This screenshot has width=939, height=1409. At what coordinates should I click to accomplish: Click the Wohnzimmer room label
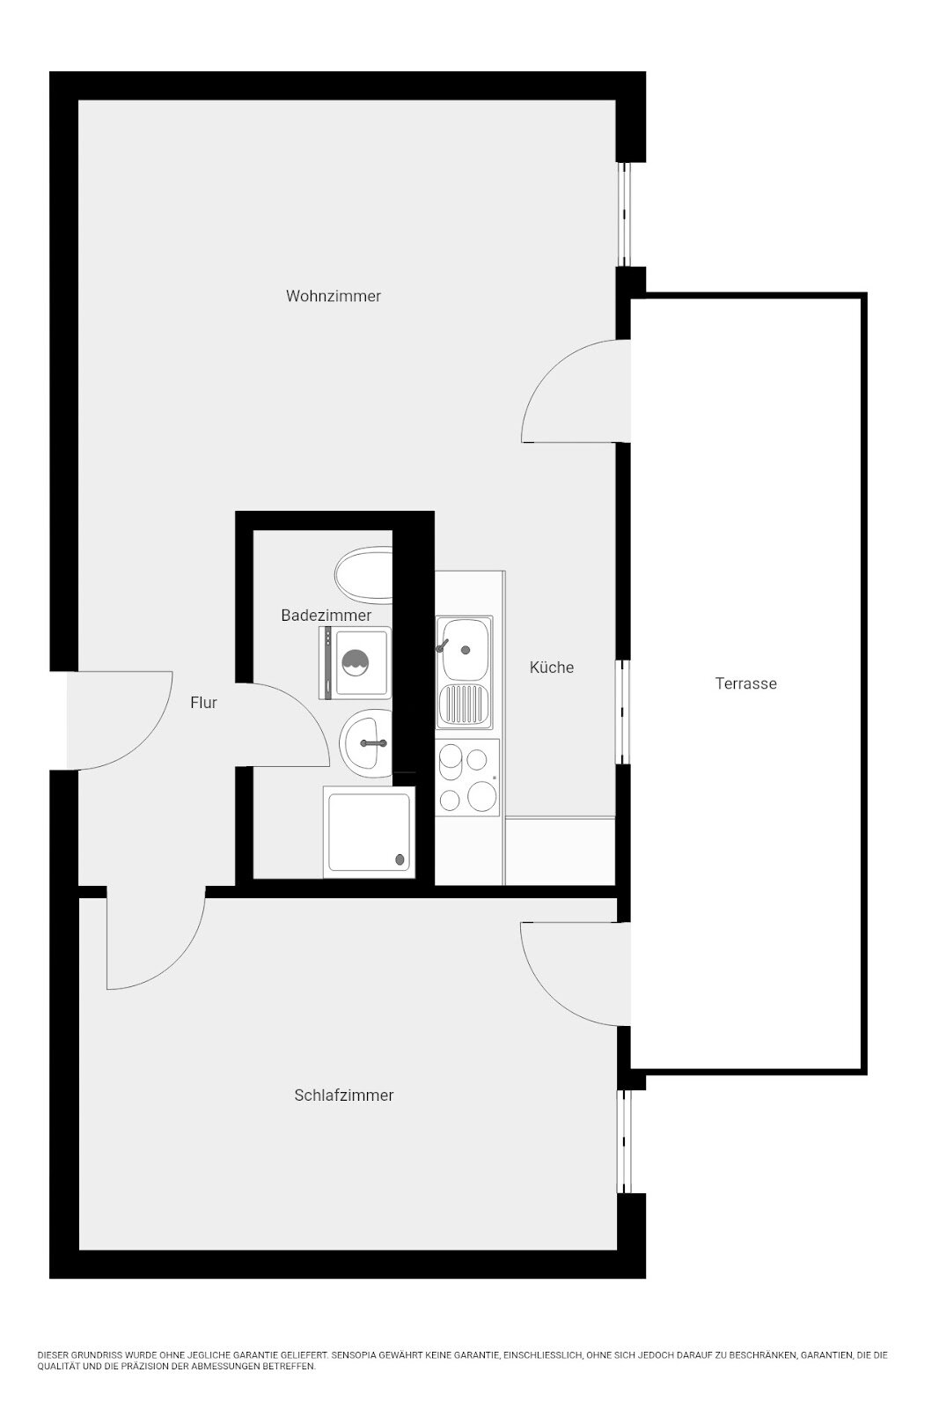click(x=334, y=296)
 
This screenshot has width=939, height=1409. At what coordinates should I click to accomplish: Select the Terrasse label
click(x=746, y=683)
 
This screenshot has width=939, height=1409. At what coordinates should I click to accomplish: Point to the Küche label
click(x=551, y=668)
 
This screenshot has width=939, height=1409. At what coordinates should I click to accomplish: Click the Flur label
click(x=203, y=703)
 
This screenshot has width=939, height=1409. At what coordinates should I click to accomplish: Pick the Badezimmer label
click(x=326, y=616)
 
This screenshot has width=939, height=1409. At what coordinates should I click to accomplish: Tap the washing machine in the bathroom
click(x=356, y=662)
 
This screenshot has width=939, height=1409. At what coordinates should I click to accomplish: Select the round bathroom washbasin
click(x=366, y=743)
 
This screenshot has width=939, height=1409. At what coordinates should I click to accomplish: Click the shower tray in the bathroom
click(x=369, y=831)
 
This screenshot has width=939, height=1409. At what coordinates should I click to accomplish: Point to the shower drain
click(x=400, y=859)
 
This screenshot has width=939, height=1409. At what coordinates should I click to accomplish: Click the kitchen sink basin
click(x=465, y=648)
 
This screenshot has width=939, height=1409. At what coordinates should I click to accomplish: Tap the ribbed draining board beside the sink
click(x=465, y=704)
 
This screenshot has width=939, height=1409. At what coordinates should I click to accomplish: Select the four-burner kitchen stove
click(x=467, y=778)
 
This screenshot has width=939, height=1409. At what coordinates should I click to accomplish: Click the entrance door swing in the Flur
click(x=120, y=720)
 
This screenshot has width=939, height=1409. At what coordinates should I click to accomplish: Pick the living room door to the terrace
click(x=576, y=391)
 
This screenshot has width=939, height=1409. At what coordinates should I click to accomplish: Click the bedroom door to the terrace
click(x=576, y=974)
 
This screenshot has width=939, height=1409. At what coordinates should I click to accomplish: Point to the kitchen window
click(x=622, y=712)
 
